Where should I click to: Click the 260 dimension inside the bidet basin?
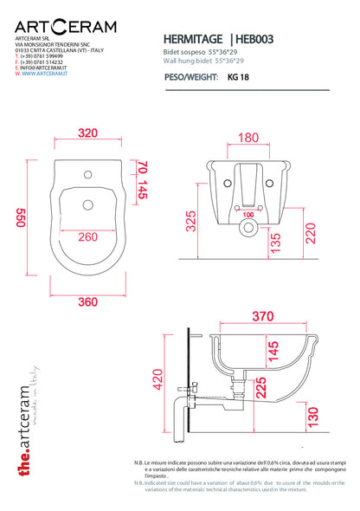point(87,236)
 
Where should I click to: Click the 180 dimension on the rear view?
point(247,138)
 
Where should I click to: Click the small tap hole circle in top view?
point(87,173)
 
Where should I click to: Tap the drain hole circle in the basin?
point(87,205)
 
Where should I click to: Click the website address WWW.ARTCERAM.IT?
point(39,74)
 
